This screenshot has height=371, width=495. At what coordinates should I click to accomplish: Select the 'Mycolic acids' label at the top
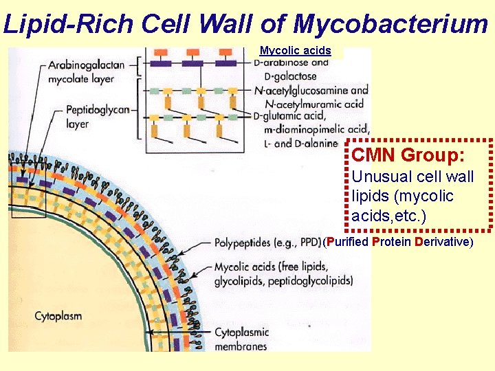click(295, 51)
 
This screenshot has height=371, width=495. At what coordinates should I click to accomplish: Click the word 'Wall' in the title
click(223, 24)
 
